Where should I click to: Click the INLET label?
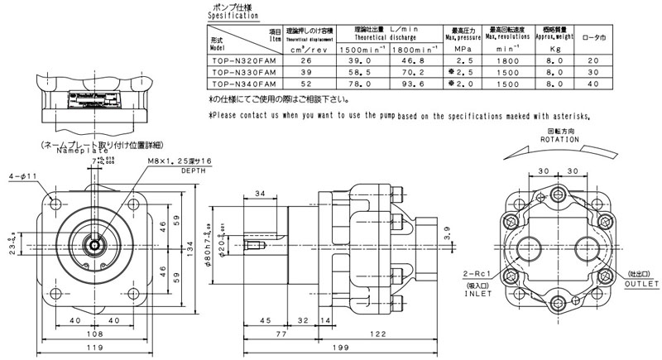point(480,290)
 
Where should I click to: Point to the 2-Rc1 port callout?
point(479,273)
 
